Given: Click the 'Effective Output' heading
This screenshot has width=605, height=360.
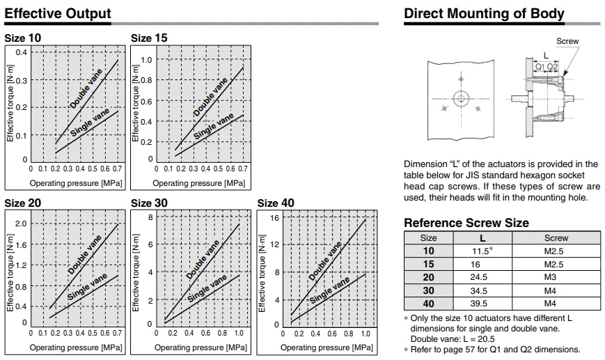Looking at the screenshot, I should point(57,14).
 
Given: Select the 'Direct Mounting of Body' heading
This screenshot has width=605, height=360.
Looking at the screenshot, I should point(484,14).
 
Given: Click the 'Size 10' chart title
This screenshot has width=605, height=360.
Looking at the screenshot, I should point(23,38).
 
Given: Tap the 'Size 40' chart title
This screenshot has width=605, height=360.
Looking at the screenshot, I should point(276,203).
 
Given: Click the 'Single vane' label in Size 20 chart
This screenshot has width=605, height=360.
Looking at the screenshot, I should point(88,287).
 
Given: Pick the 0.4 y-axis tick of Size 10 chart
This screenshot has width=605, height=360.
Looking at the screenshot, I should point(22,53).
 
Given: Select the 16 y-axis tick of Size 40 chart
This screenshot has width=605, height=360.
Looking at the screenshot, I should point(274,218).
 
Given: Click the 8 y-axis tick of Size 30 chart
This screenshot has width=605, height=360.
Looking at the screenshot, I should point(149,218).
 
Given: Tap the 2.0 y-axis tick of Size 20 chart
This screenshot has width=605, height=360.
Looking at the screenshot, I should point(21,224).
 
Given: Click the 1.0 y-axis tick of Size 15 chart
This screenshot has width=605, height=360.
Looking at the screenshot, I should point(146,60).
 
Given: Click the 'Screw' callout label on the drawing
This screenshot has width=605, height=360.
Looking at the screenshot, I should point(567,42).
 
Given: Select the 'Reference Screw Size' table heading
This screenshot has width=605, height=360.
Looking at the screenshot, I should point(466,223).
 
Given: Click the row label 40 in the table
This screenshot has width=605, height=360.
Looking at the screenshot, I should point(429,304).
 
